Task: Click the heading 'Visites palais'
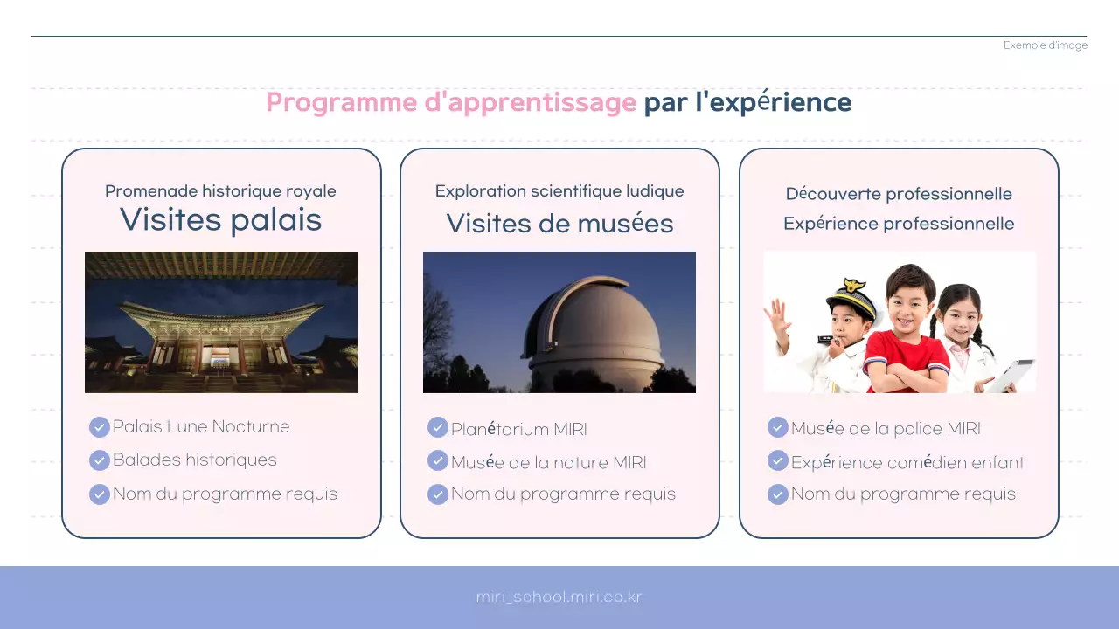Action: [220, 220]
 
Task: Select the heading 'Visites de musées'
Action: [559, 224]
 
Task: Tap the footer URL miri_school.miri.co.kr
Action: [559, 598]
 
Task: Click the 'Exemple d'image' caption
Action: [1045, 45]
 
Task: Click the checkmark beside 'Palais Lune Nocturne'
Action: [99, 427]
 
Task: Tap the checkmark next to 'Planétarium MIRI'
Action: [437, 427]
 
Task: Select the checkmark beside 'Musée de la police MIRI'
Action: [777, 427]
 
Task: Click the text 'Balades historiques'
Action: [194, 460]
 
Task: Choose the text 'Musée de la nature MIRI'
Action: [548, 462]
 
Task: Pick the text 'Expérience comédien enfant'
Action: [907, 462]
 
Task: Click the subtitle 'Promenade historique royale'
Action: [220, 191]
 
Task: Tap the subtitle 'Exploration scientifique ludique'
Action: [559, 191]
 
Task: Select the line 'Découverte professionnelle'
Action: [899, 194]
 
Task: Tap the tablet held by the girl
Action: [1013, 374]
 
